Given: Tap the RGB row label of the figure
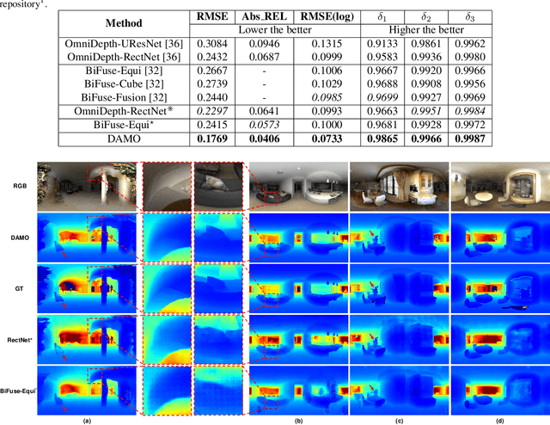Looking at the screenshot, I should [x=19, y=185].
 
